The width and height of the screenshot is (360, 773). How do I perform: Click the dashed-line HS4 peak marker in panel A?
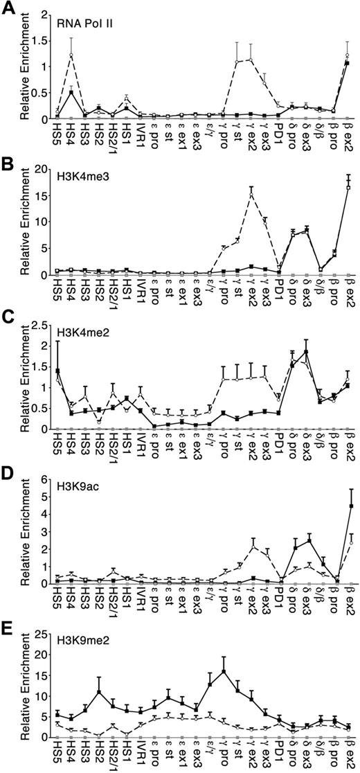pos(71,55)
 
